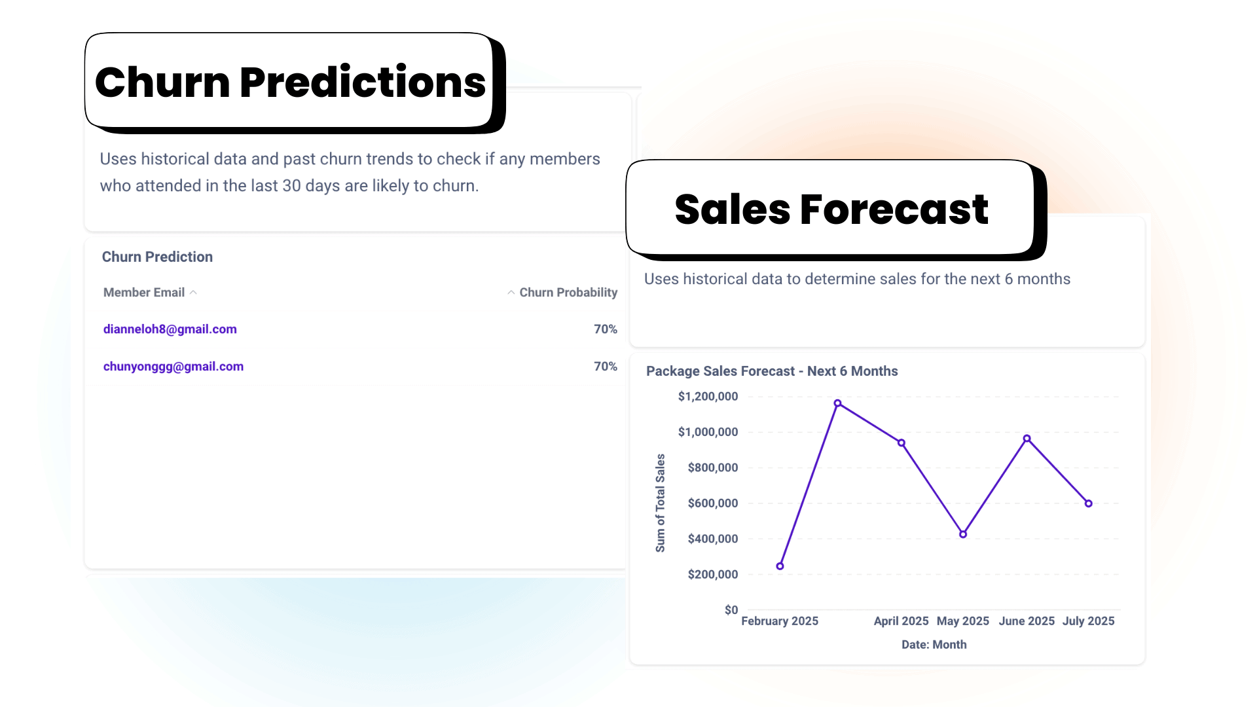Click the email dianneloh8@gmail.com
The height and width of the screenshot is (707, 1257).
click(x=170, y=329)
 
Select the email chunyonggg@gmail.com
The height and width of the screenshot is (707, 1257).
click(x=173, y=367)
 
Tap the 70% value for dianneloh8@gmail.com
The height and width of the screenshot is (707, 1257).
click(x=605, y=329)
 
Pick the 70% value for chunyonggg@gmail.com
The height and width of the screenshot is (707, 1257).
click(x=605, y=367)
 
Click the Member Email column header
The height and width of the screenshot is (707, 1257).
click(x=144, y=293)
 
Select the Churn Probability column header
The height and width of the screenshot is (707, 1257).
click(x=568, y=293)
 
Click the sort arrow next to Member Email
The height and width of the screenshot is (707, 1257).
click(x=193, y=293)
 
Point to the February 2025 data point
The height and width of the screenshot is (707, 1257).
click(x=780, y=566)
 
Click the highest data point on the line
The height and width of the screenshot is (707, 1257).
click(x=837, y=403)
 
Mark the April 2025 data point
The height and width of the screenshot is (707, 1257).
click(x=902, y=443)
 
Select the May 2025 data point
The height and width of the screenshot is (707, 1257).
click(x=963, y=534)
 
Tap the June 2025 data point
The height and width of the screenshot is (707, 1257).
click(x=1027, y=439)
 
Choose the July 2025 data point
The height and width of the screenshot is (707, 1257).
click(x=1088, y=503)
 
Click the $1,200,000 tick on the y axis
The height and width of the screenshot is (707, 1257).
click(x=708, y=397)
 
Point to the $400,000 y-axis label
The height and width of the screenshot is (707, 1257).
click(x=712, y=539)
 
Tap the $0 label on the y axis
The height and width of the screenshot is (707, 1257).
click(x=731, y=610)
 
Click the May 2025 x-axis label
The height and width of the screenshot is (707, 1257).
click(x=962, y=621)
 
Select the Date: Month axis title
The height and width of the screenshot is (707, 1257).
click(x=934, y=645)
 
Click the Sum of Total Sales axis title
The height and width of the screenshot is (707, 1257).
click(x=660, y=503)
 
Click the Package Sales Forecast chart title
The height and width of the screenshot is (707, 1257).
click(x=772, y=371)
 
